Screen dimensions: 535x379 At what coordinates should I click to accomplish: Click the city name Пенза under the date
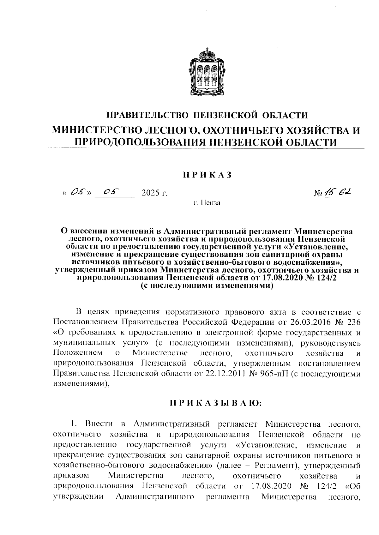[x=211, y=203]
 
